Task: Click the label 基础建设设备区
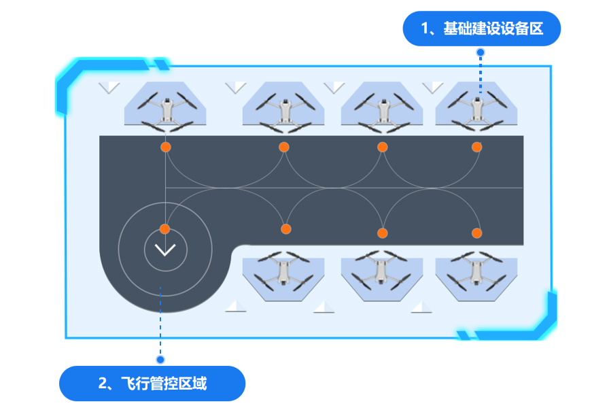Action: pos(481,29)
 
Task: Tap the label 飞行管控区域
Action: pos(152,384)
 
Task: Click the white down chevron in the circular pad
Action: pos(165,250)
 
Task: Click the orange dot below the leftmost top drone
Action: pos(165,147)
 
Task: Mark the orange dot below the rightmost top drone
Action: pos(476,147)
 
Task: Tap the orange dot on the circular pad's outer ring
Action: pos(164,228)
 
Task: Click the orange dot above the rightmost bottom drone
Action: pos(476,233)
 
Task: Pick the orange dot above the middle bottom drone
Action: pos(382,233)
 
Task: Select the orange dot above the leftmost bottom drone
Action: pos(286,228)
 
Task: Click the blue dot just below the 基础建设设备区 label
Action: pos(481,52)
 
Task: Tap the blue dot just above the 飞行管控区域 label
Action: pos(160,359)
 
